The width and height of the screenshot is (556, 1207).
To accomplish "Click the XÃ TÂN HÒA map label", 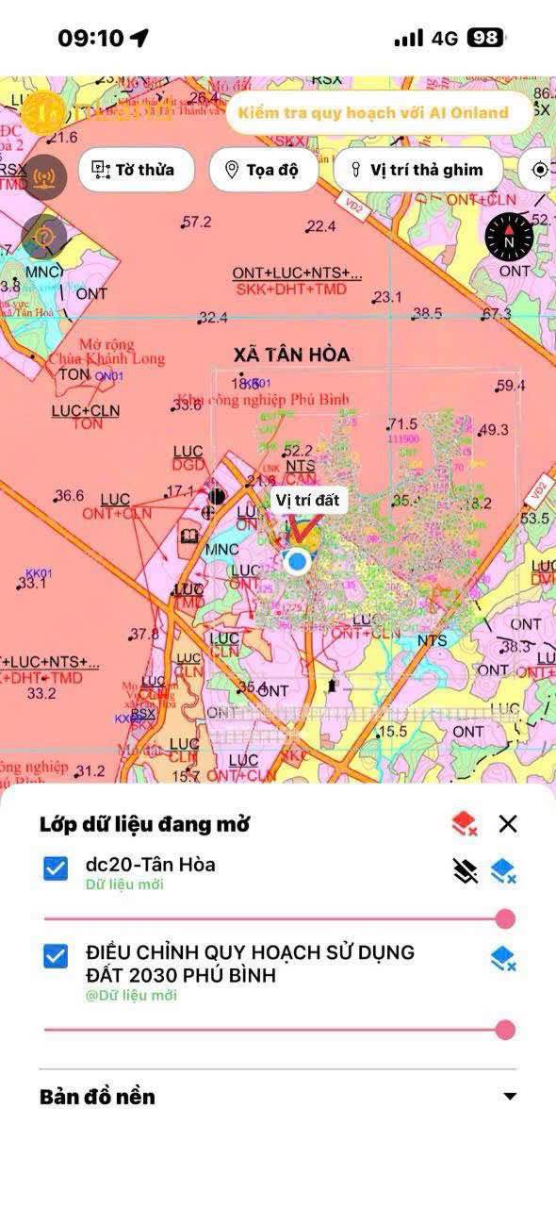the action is click(x=291, y=355).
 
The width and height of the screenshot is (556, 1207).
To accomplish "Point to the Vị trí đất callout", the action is click(x=307, y=500).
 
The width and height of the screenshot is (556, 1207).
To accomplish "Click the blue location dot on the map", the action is click(x=298, y=561).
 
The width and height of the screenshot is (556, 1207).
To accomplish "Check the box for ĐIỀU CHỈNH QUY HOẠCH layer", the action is click(x=56, y=956).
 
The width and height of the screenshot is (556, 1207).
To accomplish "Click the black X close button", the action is click(x=508, y=824).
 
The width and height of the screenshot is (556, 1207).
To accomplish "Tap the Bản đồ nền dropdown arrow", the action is click(x=510, y=1097).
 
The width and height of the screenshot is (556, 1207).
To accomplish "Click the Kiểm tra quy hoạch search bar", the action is click(x=373, y=113).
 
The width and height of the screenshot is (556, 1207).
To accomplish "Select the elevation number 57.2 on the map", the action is click(x=197, y=223).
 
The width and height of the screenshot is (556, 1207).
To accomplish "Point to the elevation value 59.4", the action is click(x=510, y=386).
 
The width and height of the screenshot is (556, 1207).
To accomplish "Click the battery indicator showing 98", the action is click(x=485, y=38).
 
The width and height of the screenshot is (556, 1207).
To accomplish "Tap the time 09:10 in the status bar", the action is click(x=91, y=38).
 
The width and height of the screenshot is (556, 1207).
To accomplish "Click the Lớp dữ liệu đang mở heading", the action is click(x=144, y=824).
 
